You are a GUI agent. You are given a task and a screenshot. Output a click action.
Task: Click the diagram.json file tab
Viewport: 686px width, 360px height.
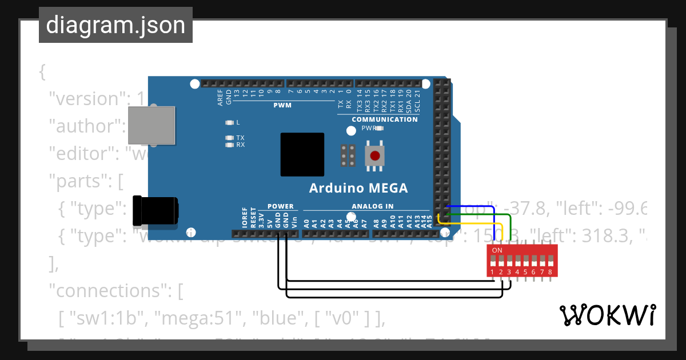pos(115,25)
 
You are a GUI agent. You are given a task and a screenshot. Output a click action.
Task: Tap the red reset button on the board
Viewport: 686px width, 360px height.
pos(375,155)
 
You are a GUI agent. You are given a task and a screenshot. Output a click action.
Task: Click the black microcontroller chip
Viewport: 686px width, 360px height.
pos(302,154)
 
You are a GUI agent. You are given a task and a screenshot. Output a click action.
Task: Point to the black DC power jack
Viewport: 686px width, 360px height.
pos(154,211)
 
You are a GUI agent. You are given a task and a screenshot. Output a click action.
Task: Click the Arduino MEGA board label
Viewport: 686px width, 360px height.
pos(358,188)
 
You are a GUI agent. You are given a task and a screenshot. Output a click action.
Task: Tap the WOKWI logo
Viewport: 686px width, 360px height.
pos(607,315)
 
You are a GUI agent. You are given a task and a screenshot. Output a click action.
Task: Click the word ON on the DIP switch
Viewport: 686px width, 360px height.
pos(497,250)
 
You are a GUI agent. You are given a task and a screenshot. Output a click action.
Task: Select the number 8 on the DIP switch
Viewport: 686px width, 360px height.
pos(550,272)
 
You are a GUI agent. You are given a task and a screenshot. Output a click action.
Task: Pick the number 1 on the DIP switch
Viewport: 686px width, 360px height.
pos(492,272)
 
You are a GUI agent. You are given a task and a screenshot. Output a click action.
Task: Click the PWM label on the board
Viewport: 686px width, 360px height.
pos(282,105)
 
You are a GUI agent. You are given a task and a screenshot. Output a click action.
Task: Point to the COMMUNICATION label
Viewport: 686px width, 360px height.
pos(385,119)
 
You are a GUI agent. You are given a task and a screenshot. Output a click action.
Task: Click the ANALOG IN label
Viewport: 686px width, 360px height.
pos(373,206)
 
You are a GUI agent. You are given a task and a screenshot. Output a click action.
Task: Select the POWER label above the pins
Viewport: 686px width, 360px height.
pos(280,206)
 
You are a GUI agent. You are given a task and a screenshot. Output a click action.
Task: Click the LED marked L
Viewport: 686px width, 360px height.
pos(230,122)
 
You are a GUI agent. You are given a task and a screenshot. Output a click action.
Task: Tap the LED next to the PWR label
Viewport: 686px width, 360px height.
pos(379,129)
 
